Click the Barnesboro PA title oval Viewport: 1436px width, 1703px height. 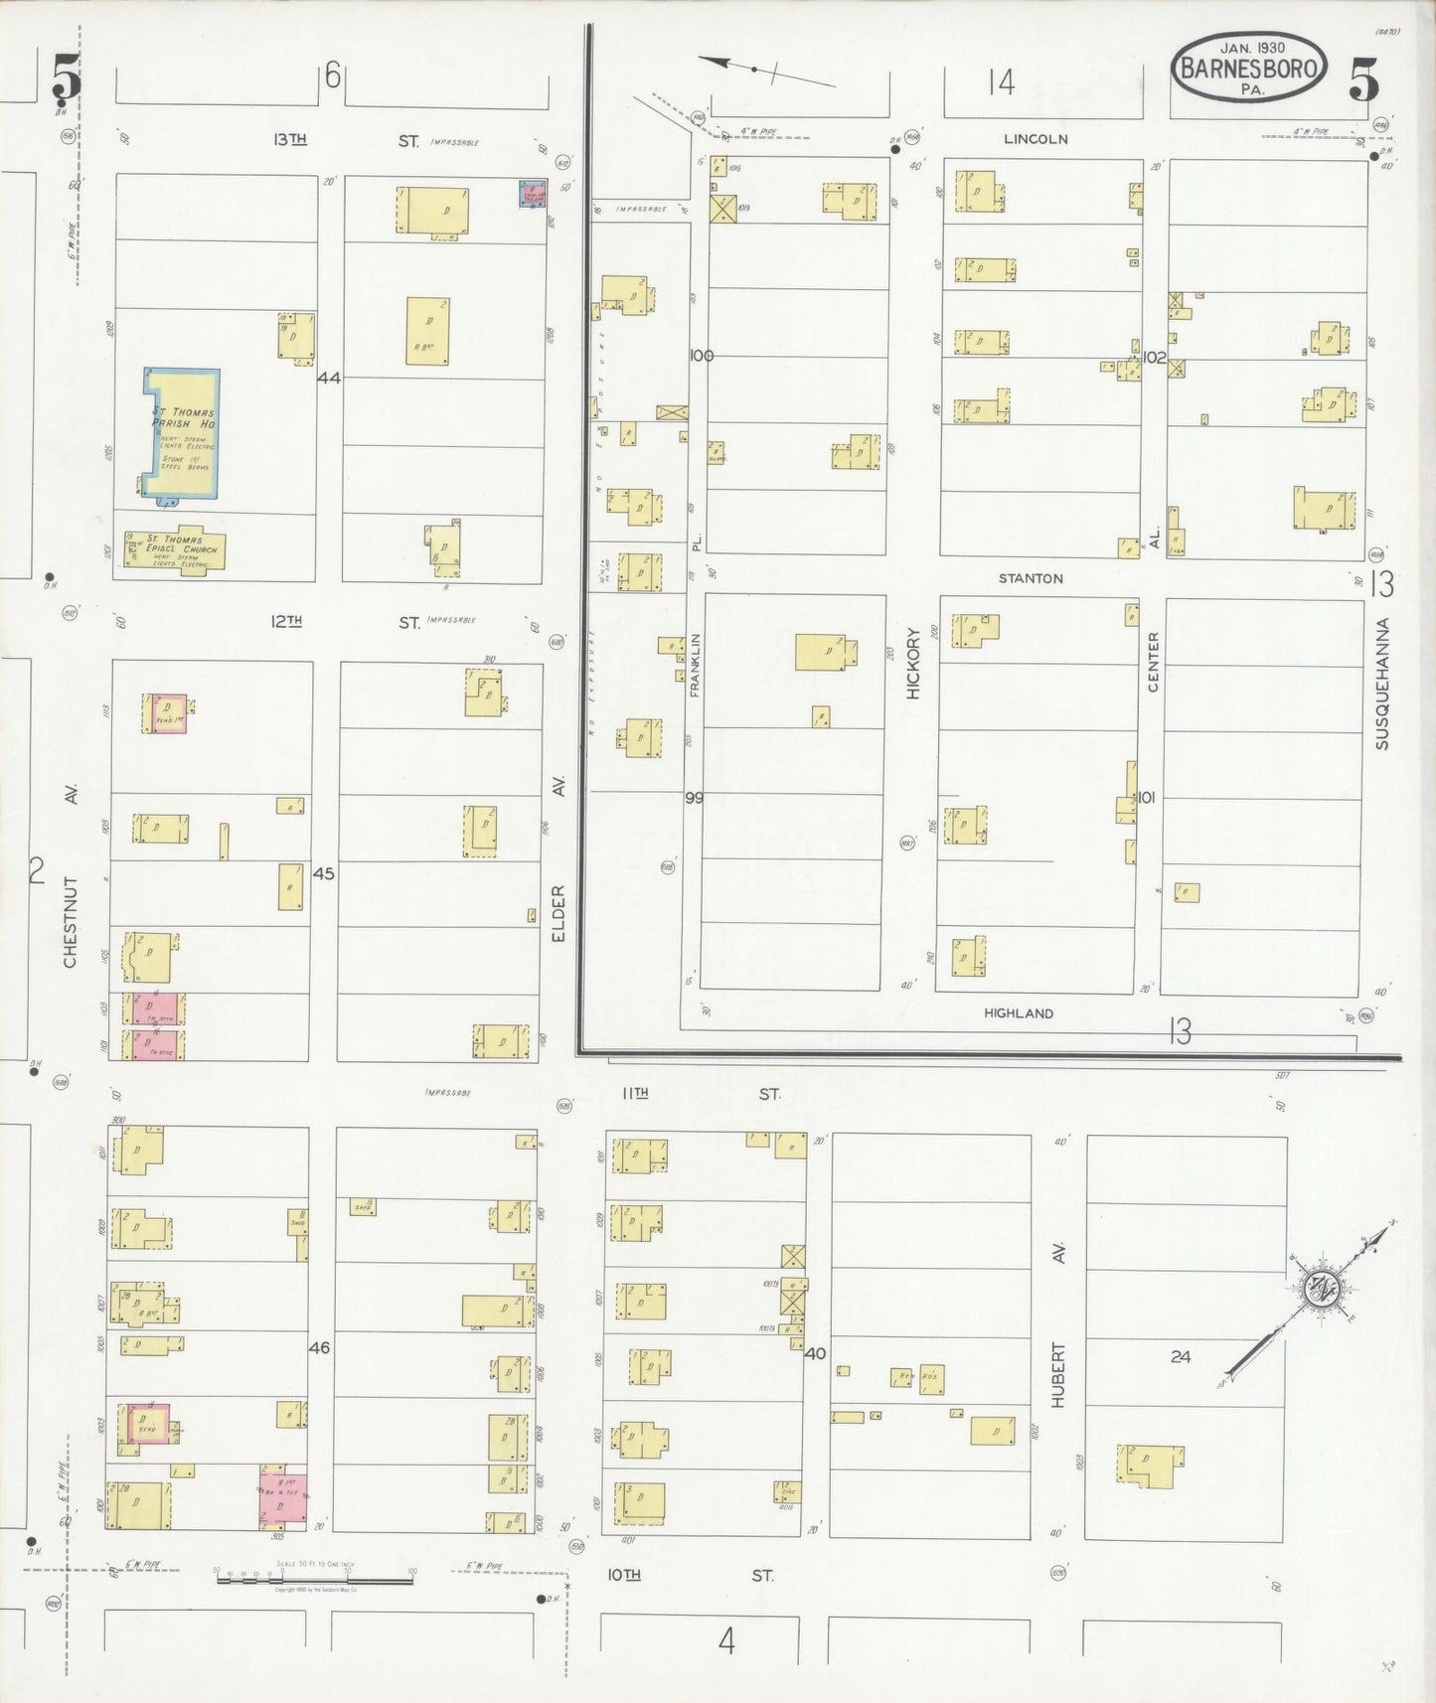(x=1250, y=67)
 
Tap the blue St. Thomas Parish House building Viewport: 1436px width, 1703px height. (x=182, y=433)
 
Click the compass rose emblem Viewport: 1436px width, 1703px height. (x=1321, y=1288)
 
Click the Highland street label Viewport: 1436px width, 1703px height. (x=1019, y=1013)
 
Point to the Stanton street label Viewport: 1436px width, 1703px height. (x=1031, y=578)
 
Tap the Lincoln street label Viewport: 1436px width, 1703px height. (x=1035, y=139)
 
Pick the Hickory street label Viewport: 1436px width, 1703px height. (x=913, y=668)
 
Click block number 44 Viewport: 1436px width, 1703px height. (x=329, y=379)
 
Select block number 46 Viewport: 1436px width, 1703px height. (x=320, y=1348)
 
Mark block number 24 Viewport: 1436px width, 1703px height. (x=1180, y=1356)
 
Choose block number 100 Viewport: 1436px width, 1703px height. (x=702, y=356)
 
